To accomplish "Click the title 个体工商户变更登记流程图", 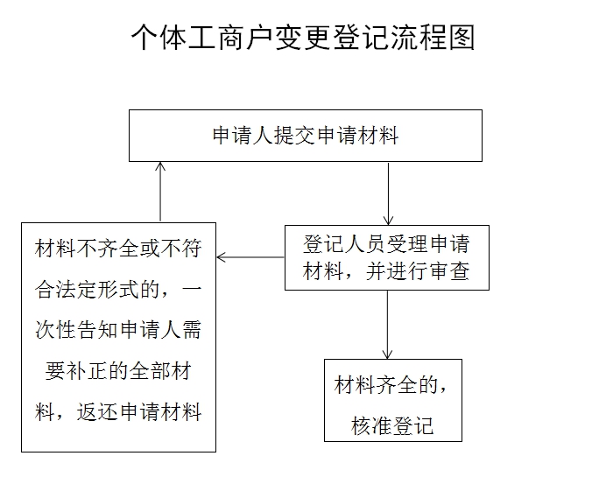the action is point(303,38).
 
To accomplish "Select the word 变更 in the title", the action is point(303,38).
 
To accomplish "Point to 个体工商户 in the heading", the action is point(202,38).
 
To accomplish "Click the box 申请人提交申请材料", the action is point(306,136).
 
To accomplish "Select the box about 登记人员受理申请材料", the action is point(387,257).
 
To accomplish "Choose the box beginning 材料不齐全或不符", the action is point(118,337).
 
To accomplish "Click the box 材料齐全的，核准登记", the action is point(393,400).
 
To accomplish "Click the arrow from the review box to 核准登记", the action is point(387,325).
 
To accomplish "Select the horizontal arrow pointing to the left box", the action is point(250,257).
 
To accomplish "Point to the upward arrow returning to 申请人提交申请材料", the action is point(160,192).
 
